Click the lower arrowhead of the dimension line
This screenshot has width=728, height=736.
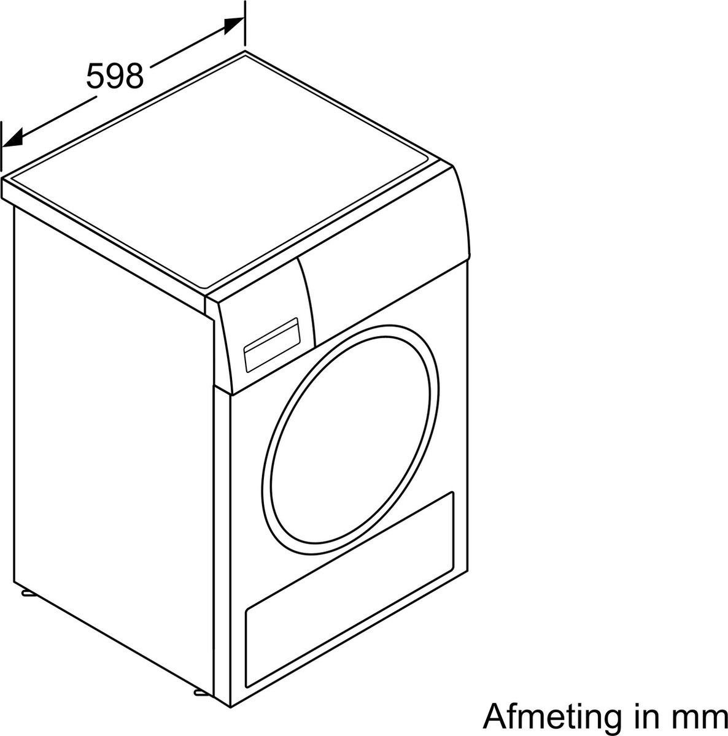pyautogui.click(x=12, y=137)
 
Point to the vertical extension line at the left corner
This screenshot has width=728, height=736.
pyautogui.click(x=2, y=147)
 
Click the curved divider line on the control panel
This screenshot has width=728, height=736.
pyautogui.click(x=308, y=302)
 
